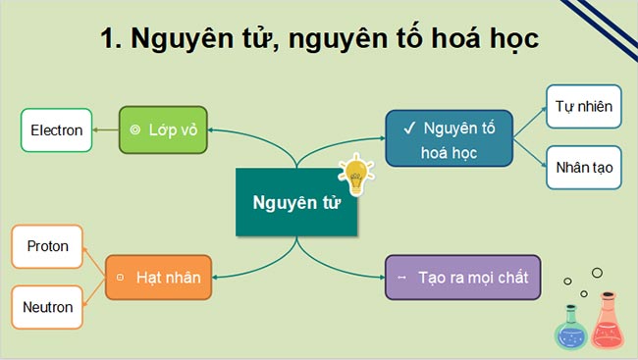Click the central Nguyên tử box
pos(295,203)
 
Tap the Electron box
pos(56,129)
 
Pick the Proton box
pos(47,246)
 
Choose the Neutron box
pos(47,307)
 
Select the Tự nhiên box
pos(583,107)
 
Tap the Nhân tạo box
pos(583,168)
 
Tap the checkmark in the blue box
pos(407,128)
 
